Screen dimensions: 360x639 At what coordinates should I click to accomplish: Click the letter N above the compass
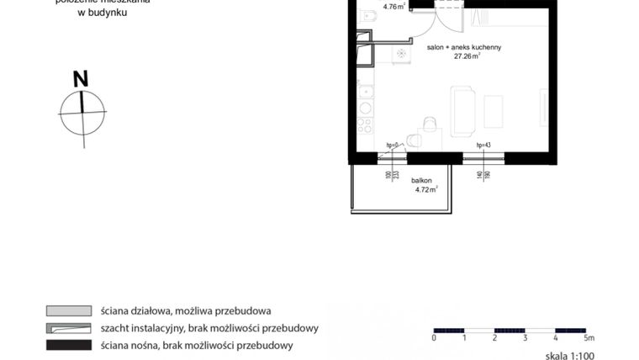coord(81,79)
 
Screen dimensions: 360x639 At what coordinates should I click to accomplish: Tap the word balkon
coord(422,181)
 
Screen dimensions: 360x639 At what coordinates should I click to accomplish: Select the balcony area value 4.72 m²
coord(427,190)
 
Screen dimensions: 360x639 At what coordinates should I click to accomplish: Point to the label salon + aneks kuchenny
coord(464,48)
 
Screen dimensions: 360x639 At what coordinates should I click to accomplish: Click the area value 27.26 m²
coord(467,57)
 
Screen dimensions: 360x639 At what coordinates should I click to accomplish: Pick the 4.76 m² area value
coord(393,7)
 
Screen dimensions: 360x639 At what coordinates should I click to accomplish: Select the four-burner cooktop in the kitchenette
coord(365,125)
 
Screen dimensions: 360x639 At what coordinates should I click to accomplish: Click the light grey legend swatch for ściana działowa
coord(68,311)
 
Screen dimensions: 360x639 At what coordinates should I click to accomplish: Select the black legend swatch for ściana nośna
coord(68,345)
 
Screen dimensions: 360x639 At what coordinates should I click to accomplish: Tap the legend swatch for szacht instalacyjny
coord(68,328)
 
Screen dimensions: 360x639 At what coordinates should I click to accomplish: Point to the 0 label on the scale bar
coord(434,337)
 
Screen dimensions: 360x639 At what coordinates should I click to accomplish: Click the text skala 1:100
coord(570,356)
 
